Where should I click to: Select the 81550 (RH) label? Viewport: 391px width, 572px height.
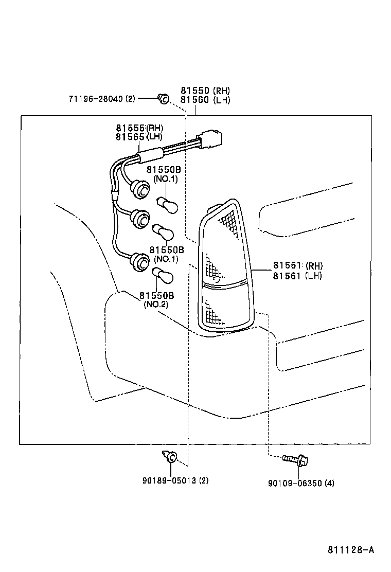[205, 91]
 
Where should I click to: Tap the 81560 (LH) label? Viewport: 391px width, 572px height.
[205, 100]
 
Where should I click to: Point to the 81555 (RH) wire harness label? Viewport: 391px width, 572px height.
[138, 128]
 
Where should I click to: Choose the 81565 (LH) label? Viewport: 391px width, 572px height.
[138, 137]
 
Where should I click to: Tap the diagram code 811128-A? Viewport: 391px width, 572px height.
[351, 550]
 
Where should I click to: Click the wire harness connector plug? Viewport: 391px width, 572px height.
[211, 137]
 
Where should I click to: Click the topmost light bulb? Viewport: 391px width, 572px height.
[168, 204]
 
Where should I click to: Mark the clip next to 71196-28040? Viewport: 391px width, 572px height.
[164, 98]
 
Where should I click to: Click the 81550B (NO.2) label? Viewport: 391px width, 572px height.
[156, 300]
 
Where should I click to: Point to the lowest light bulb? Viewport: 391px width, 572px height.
[165, 276]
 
